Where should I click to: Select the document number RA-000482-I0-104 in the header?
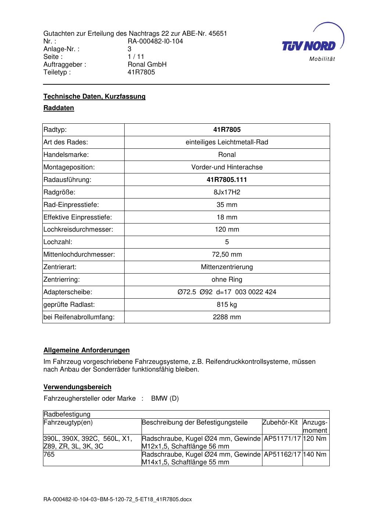pyautogui.click(x=155, y=41)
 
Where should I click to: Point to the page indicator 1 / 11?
pyautogui.click(x=136, y=57)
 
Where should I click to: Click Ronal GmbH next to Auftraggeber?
pyautogui.click(x=147, y=64)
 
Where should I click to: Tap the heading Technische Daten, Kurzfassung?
pyautogui.click(x=94, y=96)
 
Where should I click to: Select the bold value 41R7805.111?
pyautogui.click(x=227, y=180)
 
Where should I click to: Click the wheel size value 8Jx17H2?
pyautogui.click(x=227, y=192)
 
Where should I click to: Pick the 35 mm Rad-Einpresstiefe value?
pyautogui.click(x=227, y=205)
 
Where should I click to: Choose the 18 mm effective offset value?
pyautogui.click(x=227, y=217)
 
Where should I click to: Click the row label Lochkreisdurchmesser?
pyautogui.click(x=78, y=229)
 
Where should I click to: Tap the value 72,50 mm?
pyautogui.click(x=227, y=254)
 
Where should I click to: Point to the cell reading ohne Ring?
pyautogui.click(x=227, y=279)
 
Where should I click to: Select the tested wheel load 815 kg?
pyautogui.click(x=227, y=305)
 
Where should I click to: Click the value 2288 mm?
pyautogui.click(x=227, y=317)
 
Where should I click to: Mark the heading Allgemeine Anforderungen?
pyautogui.click(x=86, y=350)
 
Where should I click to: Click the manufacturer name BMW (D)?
pyautogui.click(x=165, y=398)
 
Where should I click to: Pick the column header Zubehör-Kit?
pyautogui.click(x=280, y=422)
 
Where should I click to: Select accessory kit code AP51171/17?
pyautogui.click(x=282, y=439)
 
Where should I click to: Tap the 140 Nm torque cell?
pyautogui.click(x=315, y=454)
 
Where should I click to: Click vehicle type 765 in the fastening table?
pyautogui.click(x=49, y=454)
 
